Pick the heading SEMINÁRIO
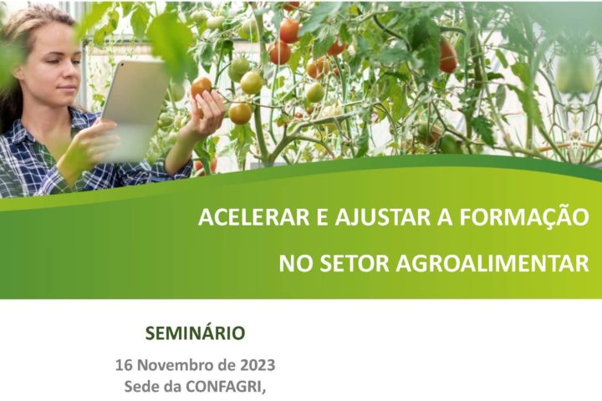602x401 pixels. (x=196, y=333)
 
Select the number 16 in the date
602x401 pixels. (x=124, y=365)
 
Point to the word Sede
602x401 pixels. (x=141, y=387)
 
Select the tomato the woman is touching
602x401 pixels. (x=201, y=86)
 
